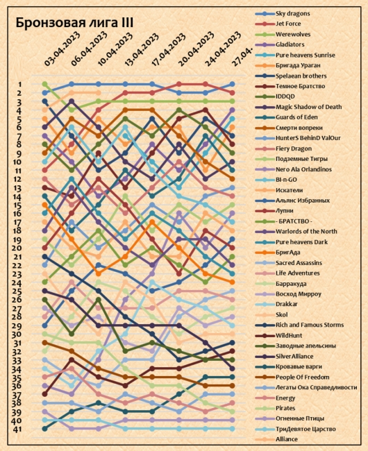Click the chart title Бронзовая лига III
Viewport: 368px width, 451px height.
coord(74,23)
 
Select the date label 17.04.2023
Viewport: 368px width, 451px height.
coord(168,51)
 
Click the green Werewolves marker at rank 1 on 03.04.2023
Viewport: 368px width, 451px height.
coord(45,84)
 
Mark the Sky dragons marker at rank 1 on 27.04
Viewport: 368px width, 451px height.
coord(232,84)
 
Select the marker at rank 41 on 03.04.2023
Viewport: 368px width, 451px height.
coord(45,429)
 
